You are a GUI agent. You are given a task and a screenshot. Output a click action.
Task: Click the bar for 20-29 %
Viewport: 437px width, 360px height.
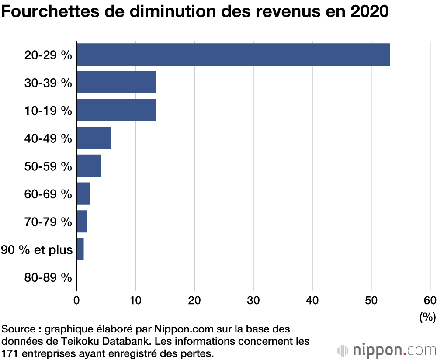click(x=233, y=55)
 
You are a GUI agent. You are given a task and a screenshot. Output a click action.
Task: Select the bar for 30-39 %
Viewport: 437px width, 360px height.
click(x=116, y=83)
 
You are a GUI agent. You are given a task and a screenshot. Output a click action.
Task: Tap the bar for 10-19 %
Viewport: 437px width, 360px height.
click(x=116, y=110)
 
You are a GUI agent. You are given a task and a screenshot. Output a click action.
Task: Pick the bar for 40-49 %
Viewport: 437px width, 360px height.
click(x=94, y=138)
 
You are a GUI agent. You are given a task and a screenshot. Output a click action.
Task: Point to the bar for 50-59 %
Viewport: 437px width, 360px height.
click(x=89, y=166)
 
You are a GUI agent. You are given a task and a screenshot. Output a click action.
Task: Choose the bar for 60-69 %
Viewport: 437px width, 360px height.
click(x=83, y=194)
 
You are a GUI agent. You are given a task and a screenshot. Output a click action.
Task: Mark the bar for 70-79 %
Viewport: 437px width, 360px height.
click(x=82, y=222)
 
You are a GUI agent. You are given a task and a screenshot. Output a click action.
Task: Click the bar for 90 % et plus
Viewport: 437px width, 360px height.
click(x=80, y=249)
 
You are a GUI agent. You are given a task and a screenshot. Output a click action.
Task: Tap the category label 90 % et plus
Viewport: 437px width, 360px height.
click(x=37, y=249)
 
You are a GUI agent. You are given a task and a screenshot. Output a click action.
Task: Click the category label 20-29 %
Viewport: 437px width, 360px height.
click(x=48, y=55)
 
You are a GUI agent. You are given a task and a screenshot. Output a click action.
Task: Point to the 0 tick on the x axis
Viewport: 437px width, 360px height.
click(x=77, y=300)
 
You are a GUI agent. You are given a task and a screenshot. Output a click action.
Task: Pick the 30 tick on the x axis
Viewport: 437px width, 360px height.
click(x=253, y=300)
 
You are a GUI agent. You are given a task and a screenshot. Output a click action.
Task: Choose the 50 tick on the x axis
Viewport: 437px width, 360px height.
click(x=371, y=300)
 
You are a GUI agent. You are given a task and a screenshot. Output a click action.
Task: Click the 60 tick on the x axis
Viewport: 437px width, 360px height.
click(x=430, y=300)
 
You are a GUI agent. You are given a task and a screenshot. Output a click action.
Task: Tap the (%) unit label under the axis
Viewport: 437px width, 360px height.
click(x=427, y=317)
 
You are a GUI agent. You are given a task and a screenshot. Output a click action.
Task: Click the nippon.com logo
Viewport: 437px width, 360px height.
click(x=387, y=350)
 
